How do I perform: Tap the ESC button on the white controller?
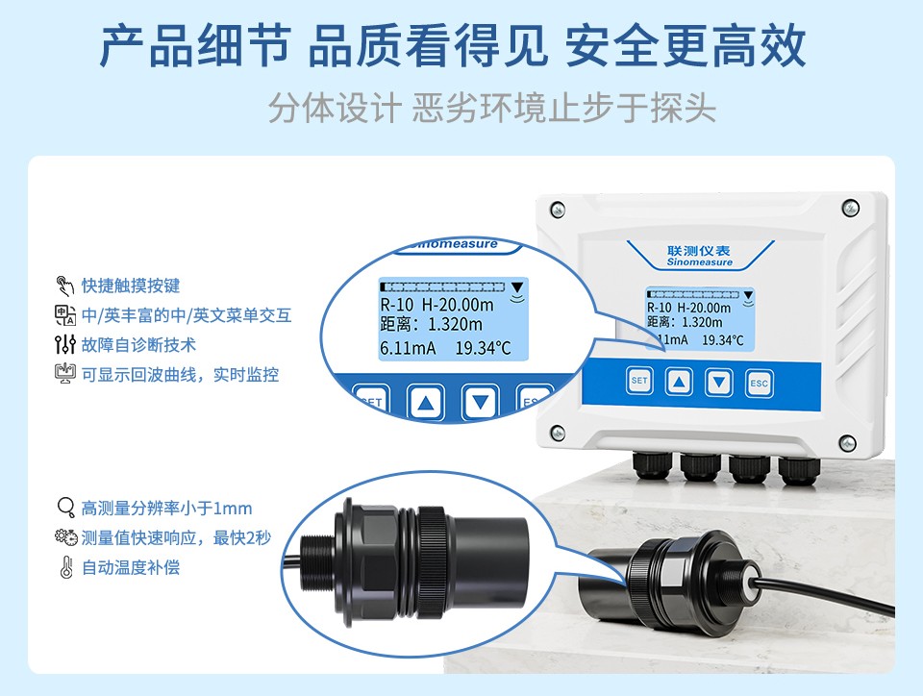point(759,383)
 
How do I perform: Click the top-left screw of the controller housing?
point(557,209)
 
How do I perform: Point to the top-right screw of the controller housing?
point(850,207)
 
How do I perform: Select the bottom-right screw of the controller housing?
point(847,442)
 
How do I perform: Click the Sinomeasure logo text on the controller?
point(699,262)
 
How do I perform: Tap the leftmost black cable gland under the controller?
point(651,467)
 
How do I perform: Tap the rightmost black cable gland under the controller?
point(799,469)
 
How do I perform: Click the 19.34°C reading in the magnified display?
point(483,348)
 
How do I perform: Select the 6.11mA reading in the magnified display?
point(408,348)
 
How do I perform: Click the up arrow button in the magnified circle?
point(426,403)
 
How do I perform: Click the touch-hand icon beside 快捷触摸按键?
point(64,286)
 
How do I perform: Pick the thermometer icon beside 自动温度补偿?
point(66,568)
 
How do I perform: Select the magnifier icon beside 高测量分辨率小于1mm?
point(65,508)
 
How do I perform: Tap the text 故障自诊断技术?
point(138,345)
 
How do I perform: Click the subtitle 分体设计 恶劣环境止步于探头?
point(492,109)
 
